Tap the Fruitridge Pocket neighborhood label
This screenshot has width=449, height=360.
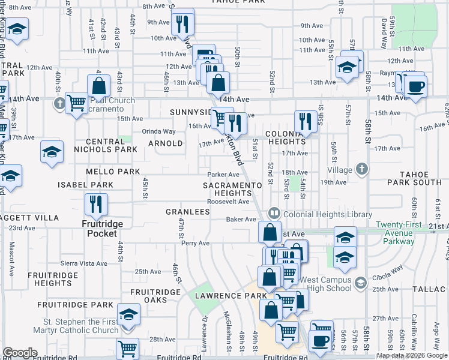101,229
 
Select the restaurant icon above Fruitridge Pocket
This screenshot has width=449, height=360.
95,205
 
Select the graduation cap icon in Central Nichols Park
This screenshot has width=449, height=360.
52,152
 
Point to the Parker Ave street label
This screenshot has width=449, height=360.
219,175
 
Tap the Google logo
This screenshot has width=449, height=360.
20,352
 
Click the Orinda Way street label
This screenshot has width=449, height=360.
158,131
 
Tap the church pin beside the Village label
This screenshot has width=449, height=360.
362,169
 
